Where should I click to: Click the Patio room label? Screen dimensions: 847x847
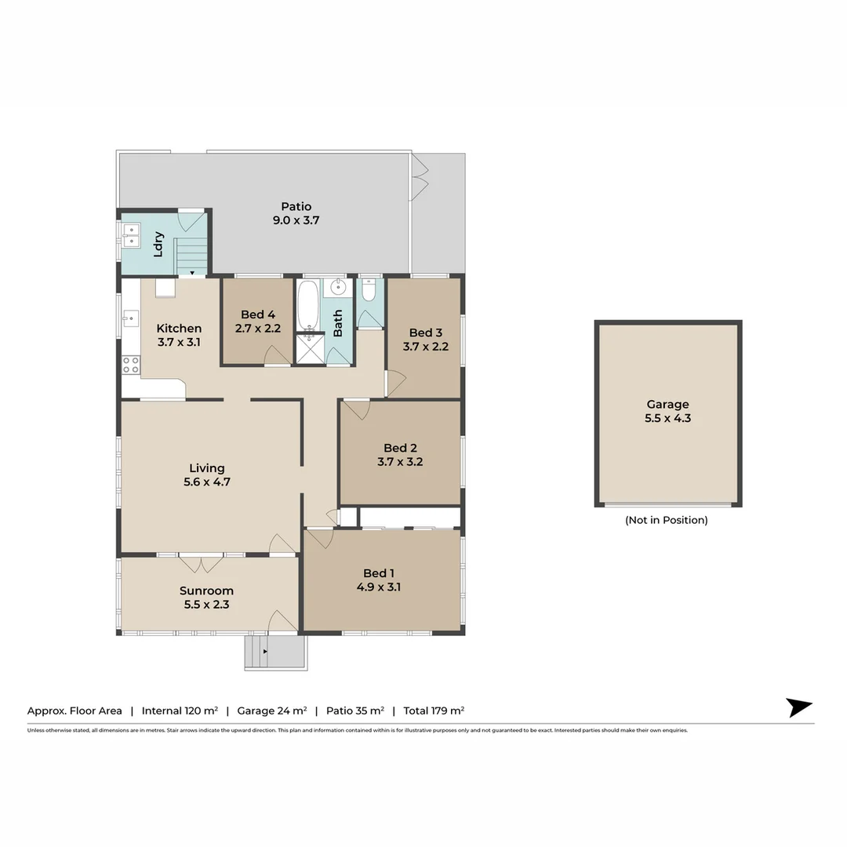click(296, 207)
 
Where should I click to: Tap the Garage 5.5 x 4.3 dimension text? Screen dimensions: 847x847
click(668, 419)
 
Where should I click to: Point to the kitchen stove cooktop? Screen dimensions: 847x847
click(130, 365)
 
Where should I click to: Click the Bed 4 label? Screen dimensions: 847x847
click(258, 315)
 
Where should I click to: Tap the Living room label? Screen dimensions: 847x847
click(206, 468)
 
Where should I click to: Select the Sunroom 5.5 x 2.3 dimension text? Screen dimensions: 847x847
click(206, 605)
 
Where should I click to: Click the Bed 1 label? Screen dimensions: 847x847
click(379, 573)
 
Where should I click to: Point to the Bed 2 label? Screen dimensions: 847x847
click(400, 448)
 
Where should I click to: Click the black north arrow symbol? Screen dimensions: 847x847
click(798, 707)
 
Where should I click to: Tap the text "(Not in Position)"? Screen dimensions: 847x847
click(666, 520)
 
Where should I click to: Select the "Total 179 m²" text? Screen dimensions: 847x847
click(434, 711)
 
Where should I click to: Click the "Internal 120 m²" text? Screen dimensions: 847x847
click(180, 711)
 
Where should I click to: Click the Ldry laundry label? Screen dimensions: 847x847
click(158, 243)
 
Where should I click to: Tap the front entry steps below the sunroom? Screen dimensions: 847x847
click(274, 653)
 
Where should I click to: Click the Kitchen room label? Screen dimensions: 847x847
click(179, 329)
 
